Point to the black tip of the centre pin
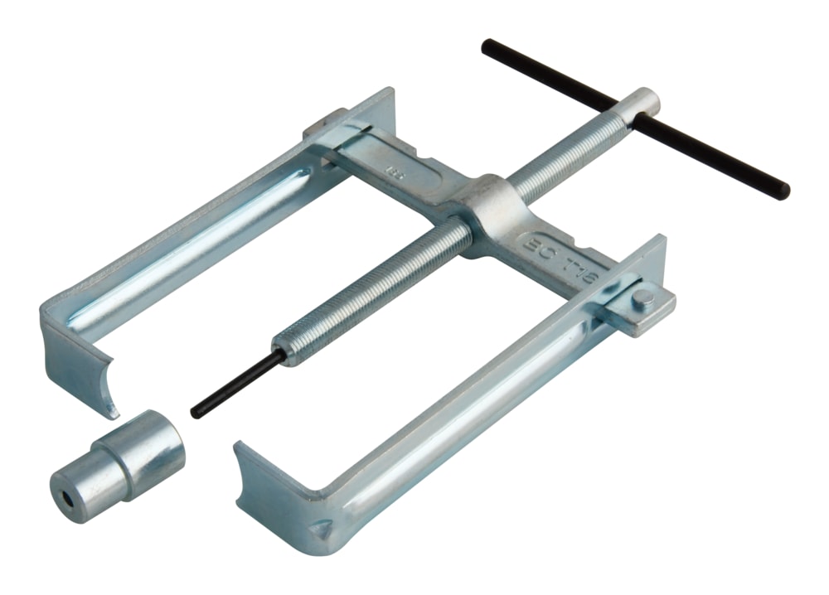(x=197, y=410)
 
